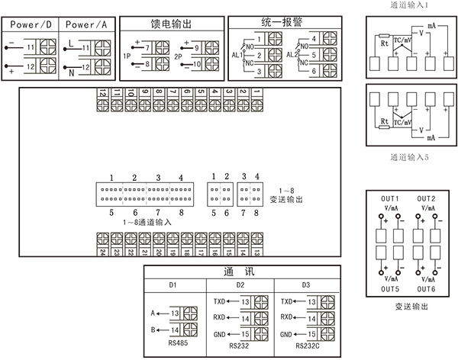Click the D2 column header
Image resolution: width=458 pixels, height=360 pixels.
(239, 285)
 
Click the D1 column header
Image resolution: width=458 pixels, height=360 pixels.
(173, 285)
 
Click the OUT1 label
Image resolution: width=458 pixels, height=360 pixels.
(390, 198)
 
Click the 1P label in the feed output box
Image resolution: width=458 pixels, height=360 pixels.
(127, 56)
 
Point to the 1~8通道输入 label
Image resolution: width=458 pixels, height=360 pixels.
(147, 221)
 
